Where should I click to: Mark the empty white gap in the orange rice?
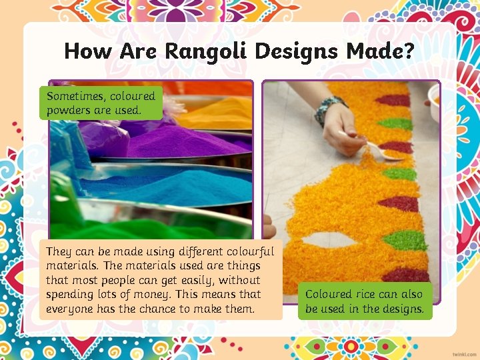tap(331, 239)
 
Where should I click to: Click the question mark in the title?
tap(407, 51)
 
